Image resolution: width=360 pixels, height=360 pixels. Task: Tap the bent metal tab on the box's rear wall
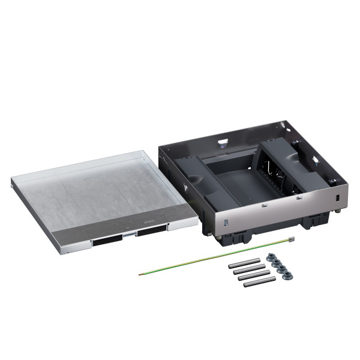coord(223,143)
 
